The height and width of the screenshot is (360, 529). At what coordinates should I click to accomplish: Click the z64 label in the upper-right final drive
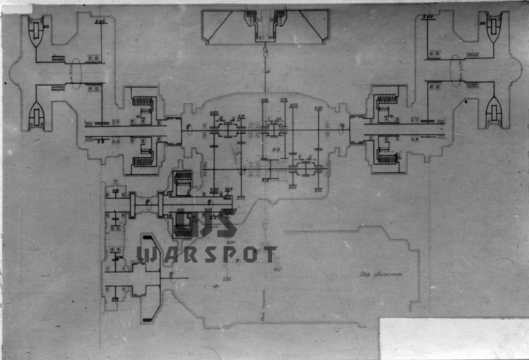(x=427, y=19)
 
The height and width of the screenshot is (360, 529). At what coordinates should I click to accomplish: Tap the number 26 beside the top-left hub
(x=45, y=25)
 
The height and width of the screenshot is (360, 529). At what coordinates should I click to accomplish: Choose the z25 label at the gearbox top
(x=293, y=105)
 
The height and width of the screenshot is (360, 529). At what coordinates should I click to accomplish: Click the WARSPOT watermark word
(x=206, y=254)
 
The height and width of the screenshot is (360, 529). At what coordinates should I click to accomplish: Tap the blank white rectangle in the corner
(x=454, y=338)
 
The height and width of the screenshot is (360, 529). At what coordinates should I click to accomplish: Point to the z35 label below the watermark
(x=226, y=279)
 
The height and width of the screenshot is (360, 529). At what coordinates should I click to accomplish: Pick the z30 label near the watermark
(x=231, y=243)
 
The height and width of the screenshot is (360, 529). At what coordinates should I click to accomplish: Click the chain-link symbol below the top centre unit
(x=266, y=53)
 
